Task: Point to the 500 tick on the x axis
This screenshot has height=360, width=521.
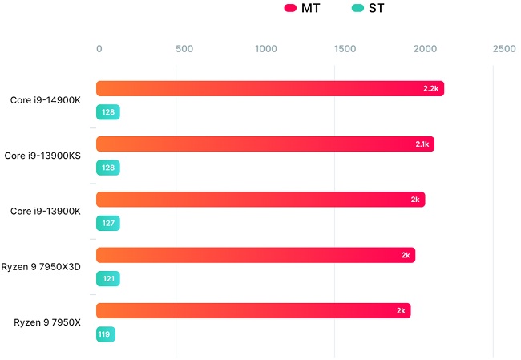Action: point(184,49)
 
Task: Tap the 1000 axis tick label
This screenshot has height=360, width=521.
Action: point(265,49)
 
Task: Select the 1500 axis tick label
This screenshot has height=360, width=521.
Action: point(345,49)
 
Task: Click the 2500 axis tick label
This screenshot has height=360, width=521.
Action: point(504,49)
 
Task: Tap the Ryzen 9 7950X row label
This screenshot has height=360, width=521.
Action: point(47,322)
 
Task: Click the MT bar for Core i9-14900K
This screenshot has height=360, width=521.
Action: point(269,88)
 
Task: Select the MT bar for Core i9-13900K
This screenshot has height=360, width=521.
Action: point(260,200)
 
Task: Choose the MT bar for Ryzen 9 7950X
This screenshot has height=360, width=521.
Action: point(253,311)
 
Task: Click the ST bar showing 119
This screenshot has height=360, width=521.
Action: point(106,334)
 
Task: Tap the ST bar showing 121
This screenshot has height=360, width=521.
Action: point(107,279)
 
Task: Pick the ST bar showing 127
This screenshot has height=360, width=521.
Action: point(107,224)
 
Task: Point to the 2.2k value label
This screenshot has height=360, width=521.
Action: point(430,88)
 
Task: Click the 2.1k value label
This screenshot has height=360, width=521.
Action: point(422,144)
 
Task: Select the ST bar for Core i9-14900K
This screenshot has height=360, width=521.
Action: point(107,112)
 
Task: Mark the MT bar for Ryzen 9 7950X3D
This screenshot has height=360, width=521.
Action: point(256,255)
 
